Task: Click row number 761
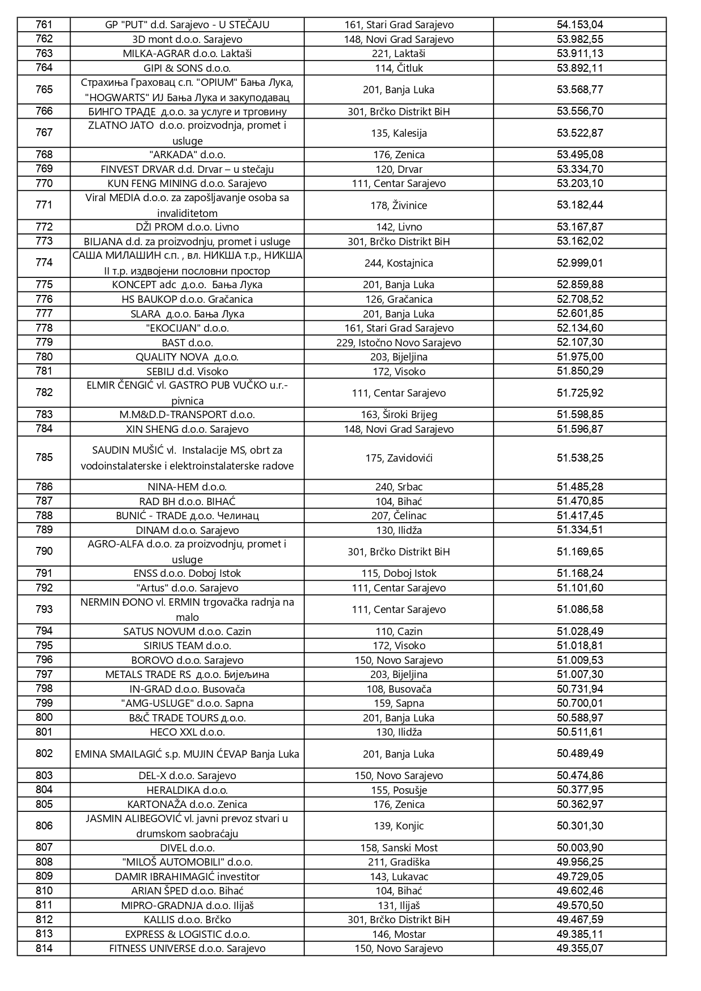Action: pos(44,24)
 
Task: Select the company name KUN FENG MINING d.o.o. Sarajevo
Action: pos(187,184)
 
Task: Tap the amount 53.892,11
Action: pos(579,68)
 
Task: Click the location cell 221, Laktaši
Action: pos(399,54)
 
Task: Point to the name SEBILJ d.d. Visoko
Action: pos(187,371)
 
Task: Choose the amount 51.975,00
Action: pos(579,357)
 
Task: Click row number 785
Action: pos(44,458)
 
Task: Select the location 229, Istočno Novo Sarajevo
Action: pos(399,342)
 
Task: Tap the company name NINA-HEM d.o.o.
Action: pos(187,486)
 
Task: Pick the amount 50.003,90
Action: pos(579,847)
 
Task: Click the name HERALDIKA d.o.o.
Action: pos(187,790)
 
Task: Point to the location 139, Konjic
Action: pos(399,825)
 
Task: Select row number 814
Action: pos(44,948)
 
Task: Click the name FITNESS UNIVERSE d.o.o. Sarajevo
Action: pos(187,948)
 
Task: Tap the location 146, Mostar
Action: pos(399,934)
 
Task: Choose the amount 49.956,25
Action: pos(579,862)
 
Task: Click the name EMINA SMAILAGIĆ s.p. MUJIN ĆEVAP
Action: pos(187,754)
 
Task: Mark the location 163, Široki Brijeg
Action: pos(399,414)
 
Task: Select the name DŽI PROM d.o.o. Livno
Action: pos(187,227)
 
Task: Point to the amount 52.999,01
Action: pos(579,263)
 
